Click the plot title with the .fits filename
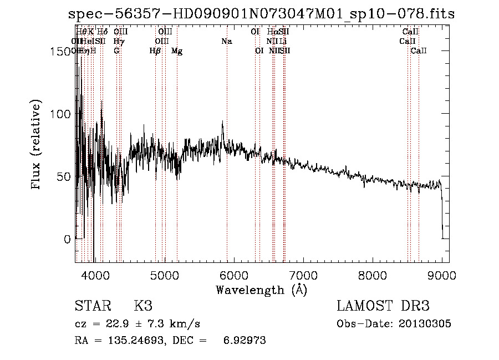[x=261, y=14]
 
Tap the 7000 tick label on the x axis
[x=303, y=275]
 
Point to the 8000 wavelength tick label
[x=373, y=275]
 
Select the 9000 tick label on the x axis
[x=442, y=275]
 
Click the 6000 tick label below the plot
[x=233, y=275]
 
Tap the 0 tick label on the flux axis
[x=67, y=239]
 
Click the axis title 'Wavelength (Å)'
[x=261, y=290]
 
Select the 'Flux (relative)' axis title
[x=37, y=145]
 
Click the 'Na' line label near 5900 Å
[x=226, y=41]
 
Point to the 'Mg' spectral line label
[x=177, y=51]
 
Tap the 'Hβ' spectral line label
[x=155, y=51]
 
